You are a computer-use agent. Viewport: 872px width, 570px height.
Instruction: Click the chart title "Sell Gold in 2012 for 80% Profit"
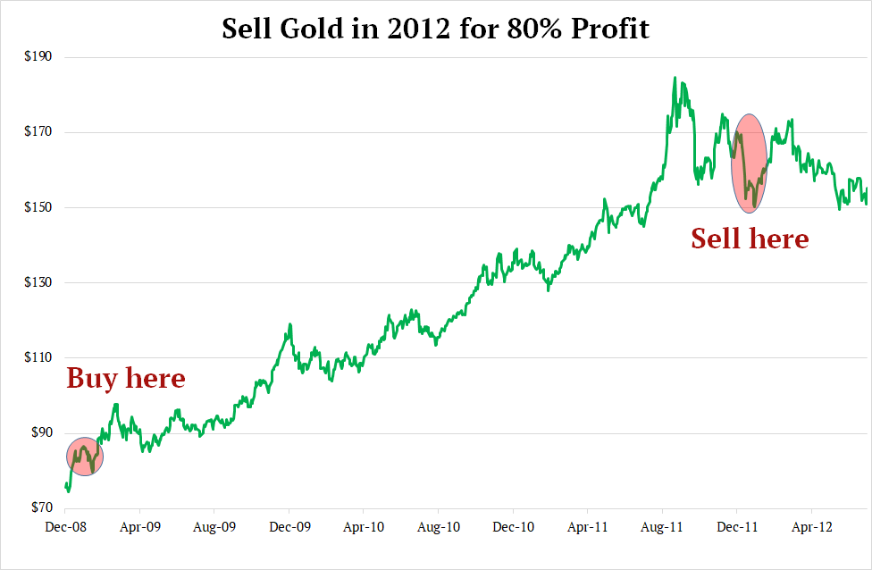coord(435,29)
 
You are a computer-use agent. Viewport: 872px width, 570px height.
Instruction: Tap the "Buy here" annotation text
coord(126,378)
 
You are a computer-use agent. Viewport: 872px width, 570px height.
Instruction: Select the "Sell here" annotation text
coord(750,239)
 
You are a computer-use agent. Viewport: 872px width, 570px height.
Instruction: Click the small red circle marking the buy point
coord(85,457)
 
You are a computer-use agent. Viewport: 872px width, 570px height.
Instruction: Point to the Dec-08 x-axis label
coord(66,527)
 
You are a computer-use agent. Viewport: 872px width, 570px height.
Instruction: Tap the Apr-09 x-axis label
coord(140,527)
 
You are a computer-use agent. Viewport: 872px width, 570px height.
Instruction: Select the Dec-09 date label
coord(289,527)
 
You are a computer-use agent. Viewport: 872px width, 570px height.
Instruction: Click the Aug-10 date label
coord(439,527)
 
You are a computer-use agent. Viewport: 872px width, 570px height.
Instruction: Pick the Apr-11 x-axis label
coord(588,527)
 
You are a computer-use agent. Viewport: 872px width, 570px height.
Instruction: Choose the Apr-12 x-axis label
coord(811,527)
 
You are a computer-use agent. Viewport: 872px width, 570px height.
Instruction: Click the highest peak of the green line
coord(675,78)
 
